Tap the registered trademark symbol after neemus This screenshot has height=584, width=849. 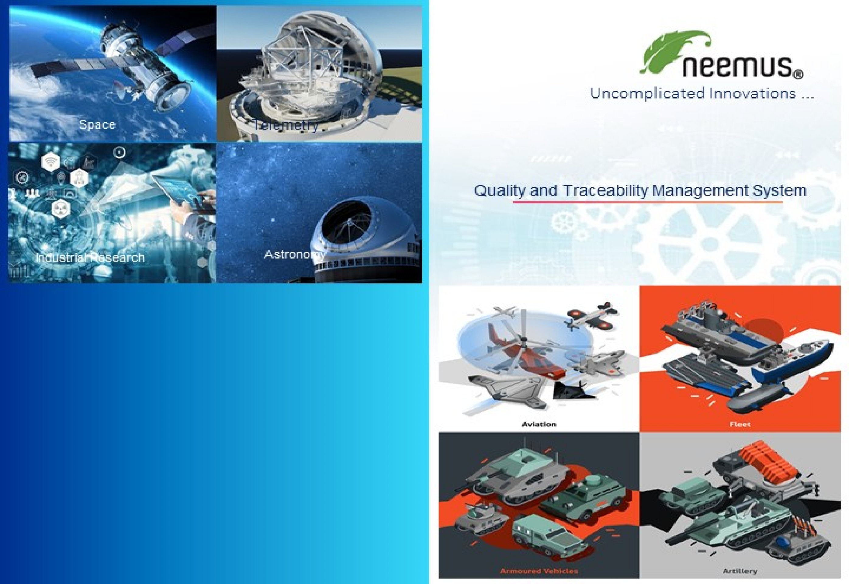click(799, 75)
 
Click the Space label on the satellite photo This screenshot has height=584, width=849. click(97, 124)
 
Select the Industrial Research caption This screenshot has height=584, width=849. click(90, 258)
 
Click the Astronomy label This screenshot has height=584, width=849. click(295, 254)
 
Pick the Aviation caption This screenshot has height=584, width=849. click(539, 424)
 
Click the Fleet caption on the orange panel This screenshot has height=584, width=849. click(740, 424)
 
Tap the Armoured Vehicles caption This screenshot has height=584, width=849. click(539, 571)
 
